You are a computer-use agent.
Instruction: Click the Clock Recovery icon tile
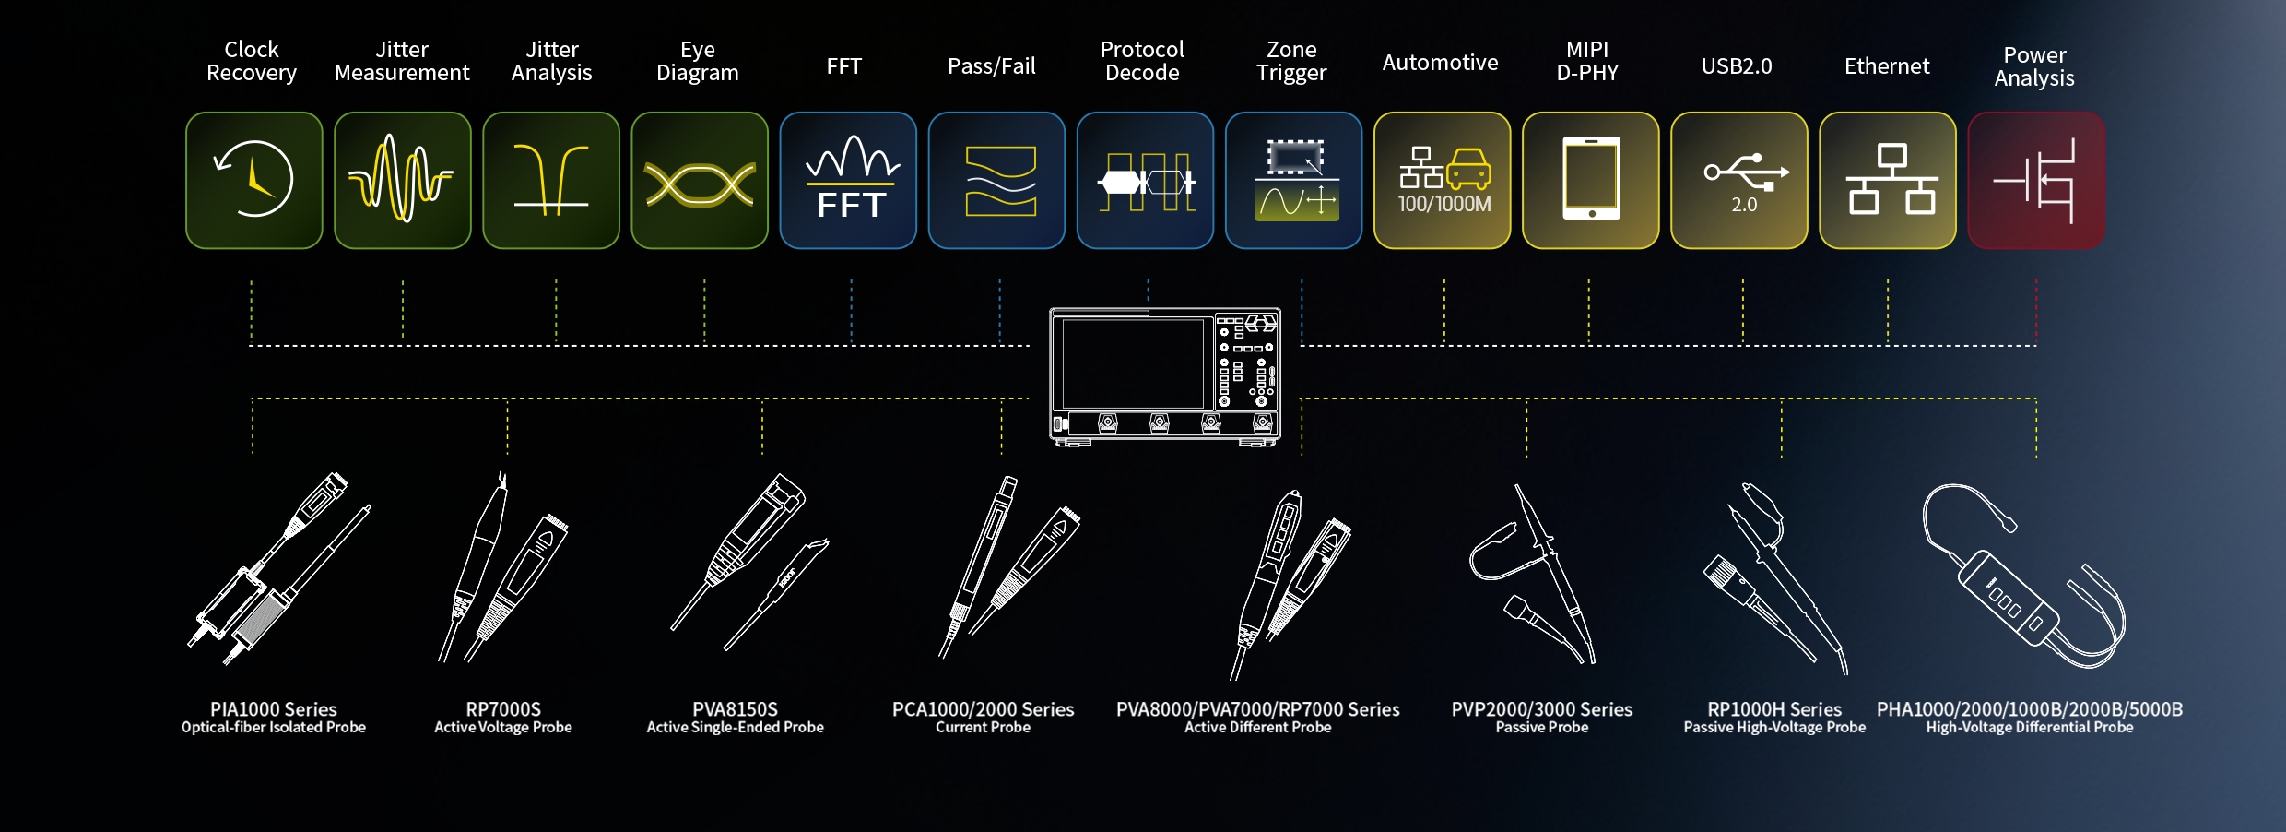253,181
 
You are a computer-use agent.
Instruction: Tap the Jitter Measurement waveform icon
402,181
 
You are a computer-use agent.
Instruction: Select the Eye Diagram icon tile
699,181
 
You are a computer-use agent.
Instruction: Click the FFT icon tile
848,181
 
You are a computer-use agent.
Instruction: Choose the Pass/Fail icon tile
996,181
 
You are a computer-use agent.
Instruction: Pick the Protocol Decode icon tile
1145,181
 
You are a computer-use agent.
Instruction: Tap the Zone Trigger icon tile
1293,181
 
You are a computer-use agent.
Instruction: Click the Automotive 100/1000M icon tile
1442,181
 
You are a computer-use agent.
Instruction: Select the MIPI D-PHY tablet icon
1590,179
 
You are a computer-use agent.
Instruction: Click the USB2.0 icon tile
1738,181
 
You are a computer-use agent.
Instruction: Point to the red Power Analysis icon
2035,181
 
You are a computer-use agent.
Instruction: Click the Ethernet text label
1886,66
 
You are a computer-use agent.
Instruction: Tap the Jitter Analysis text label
551,61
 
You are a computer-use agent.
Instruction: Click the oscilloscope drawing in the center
1165,376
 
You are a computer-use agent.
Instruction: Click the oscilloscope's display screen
1133,363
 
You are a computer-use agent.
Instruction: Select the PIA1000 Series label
273,709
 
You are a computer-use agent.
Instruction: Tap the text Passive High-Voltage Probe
1773,728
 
